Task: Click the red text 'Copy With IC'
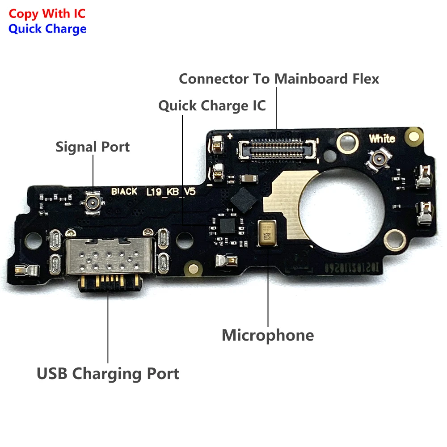pos(47,13)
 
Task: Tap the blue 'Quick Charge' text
pos(47,29)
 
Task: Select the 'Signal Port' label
pos(93,147)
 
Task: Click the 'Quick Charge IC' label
pos(212,105)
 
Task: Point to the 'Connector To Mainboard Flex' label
pos(279,79)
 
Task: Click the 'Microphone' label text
pos(268,335)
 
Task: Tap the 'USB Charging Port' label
pos(108,373)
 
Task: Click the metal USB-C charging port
pos(109,257)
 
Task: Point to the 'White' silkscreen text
pos(382,139)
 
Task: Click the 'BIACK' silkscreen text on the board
pos(124,192)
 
